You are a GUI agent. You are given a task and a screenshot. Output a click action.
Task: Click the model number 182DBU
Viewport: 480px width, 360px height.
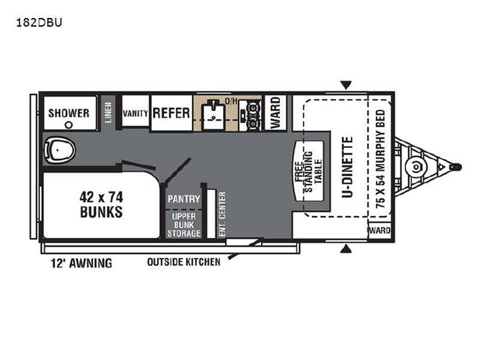(39, 23)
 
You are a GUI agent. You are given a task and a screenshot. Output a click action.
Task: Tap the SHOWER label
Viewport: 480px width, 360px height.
(69, 113)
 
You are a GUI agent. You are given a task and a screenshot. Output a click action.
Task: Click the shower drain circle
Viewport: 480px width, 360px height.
(69, 125)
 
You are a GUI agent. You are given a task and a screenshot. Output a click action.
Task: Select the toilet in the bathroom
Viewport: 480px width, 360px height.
(59, 150)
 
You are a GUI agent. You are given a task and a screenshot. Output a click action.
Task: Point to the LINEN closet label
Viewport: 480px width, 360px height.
(109, 113)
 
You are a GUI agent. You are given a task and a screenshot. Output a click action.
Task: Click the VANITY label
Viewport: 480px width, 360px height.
(135, 113)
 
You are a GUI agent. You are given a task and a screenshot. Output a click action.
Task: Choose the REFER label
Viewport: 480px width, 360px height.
(171, 113)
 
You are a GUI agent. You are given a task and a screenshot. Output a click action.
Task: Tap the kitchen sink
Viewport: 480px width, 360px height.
(213, 114)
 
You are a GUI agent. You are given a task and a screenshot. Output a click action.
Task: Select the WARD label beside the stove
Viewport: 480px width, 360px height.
(275, 113)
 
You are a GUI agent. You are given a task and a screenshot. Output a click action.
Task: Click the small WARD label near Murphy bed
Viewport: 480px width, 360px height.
(379, 230)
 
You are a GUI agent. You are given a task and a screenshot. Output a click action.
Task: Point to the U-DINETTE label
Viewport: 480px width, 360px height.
(347, 167)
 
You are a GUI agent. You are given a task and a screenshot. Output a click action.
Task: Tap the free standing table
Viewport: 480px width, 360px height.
(309, 171)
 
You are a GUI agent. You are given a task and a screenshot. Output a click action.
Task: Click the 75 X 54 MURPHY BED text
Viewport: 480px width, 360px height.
(381, 159)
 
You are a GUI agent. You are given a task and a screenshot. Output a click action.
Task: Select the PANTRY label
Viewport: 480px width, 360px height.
(184, 199)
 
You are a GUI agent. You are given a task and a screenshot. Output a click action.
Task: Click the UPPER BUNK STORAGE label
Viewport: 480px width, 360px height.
(184, 225)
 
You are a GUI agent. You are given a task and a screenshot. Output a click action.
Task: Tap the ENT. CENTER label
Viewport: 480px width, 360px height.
(223, 214)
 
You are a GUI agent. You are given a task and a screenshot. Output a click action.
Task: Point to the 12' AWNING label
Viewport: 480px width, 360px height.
(81, 263)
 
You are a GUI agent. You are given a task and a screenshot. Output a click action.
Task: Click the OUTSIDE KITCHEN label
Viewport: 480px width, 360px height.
(184, 262)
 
